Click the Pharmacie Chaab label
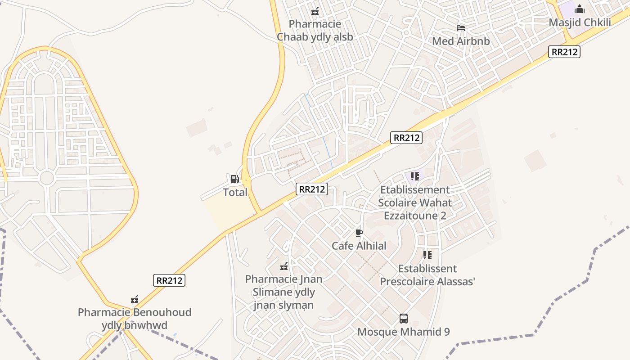[315, 30]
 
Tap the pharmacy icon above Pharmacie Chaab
[315, 11]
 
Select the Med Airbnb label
[460, 41]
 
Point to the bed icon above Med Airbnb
[460, 27]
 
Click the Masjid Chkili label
[580, 22]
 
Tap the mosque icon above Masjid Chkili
[580, 9]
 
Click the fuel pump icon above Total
[234, 179]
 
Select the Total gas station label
[235, 192]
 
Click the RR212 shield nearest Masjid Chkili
[564, 52]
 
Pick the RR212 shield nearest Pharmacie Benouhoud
[169, 280]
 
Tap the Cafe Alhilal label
[359, 246]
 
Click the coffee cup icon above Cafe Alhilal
[359, 233]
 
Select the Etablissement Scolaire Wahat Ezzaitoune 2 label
[414, 202]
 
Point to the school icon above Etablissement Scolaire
[414, 176]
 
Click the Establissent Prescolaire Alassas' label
[427, 275]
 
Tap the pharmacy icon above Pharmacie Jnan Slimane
[284, 266]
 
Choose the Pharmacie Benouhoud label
[135, 318]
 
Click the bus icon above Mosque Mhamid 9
[404, 319]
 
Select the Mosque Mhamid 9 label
[404, 332]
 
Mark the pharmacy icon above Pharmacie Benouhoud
[134, 299]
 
